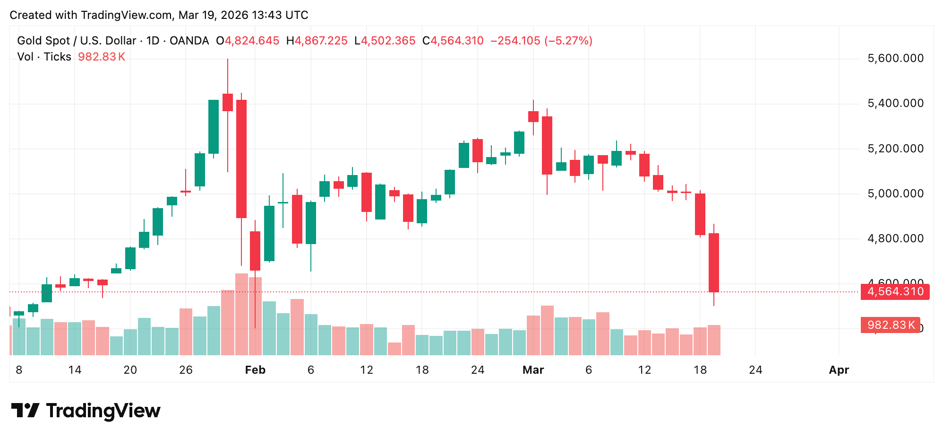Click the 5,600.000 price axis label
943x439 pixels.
tap(895, 58)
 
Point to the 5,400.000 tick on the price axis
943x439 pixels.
tap(895, 103)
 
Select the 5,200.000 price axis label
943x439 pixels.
tap(895, 149)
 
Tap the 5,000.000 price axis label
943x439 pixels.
tap(895, 193)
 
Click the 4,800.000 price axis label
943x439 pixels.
tap(895, 238)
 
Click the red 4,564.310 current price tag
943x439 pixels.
tap(895, 291)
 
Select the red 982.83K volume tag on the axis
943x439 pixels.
tap(890, 325)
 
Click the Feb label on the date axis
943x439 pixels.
tap(255, 370)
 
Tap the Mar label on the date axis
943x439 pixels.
tap(533, 370)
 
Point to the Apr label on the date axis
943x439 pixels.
tap(839, 370)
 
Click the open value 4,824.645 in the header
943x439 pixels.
tap(252, 41)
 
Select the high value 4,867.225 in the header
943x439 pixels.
tap(321, 41)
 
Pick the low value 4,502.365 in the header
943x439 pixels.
tap(388, 41)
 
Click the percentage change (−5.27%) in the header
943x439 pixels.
tap(568, 41)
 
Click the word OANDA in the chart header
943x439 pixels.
tap(189, 41)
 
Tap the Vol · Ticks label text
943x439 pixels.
tap(44, 57)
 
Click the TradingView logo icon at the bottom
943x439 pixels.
tap(25, 410)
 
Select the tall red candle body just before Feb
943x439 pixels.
tap(241, 158)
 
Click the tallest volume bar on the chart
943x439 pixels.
tap(241, 314)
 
